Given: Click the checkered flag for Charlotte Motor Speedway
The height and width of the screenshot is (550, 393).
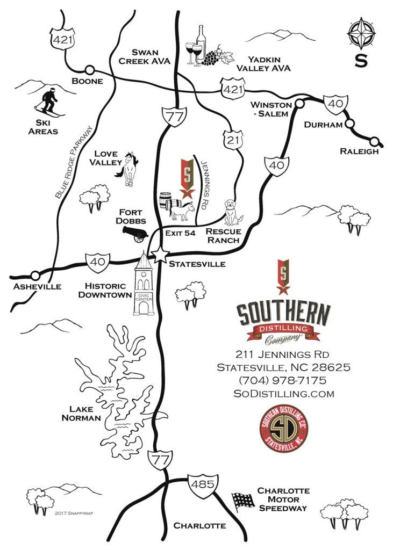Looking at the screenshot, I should (x=242, y=501).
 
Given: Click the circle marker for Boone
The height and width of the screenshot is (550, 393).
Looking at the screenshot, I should (x=89, y=70).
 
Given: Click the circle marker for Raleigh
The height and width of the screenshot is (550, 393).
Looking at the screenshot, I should (x=381, y=142).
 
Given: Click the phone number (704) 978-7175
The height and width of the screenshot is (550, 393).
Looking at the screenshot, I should (x=283, y=380).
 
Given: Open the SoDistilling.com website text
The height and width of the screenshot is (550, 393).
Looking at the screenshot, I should (x=283, y=394).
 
